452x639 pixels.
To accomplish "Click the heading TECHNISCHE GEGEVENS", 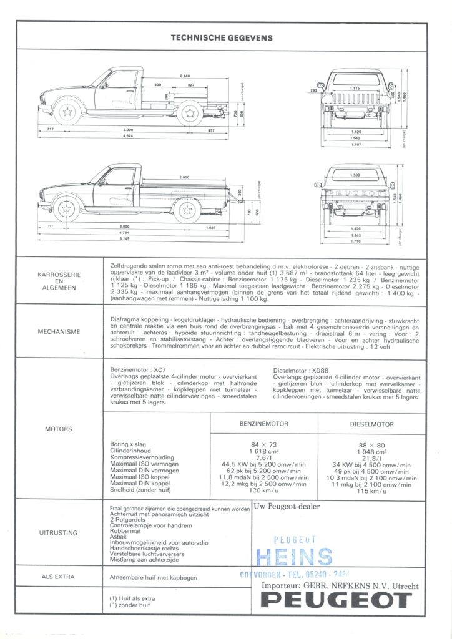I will (x=222, y=38).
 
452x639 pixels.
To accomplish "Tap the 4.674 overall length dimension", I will (x=128, y=136).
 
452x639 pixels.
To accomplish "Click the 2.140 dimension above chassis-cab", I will (x=185, y=76).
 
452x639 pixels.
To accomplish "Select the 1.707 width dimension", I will (x=356, y=145).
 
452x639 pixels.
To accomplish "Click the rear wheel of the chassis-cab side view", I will (x=188, y=113).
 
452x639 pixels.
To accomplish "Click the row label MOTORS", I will (x=59, y=429).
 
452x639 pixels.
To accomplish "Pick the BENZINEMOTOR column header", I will (x=264, y=423).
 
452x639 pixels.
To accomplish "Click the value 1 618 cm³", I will (x=263, y=451).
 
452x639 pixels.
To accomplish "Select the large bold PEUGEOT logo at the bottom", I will (x=337, y=600).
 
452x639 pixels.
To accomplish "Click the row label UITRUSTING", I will (x=59, y=533).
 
